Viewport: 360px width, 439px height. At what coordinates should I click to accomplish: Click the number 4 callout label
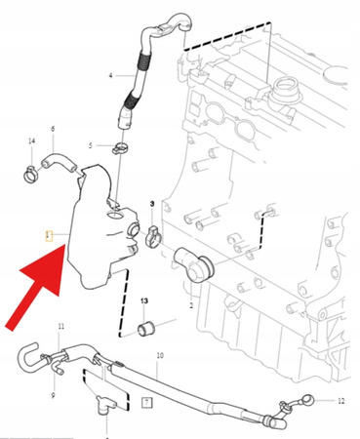tap(110, 75)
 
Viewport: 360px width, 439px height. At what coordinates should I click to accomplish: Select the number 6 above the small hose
tap(52, 129)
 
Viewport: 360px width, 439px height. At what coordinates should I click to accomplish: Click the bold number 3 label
tap(151, 202)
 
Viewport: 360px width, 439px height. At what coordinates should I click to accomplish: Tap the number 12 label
tap(341, 401)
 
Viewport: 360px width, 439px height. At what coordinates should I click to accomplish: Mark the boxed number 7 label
tap(145, 401)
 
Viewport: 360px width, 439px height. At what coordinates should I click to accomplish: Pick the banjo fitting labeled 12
tap(306, 398)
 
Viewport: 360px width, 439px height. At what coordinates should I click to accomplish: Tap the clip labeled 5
tap(121, 149)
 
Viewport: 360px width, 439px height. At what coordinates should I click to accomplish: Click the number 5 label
tap(90, 145)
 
